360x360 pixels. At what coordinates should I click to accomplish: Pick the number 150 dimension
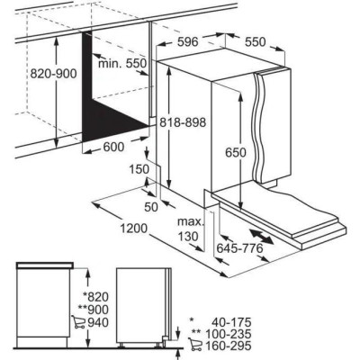click(139, 168)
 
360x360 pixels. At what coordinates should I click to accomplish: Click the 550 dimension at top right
click(256, 41)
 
